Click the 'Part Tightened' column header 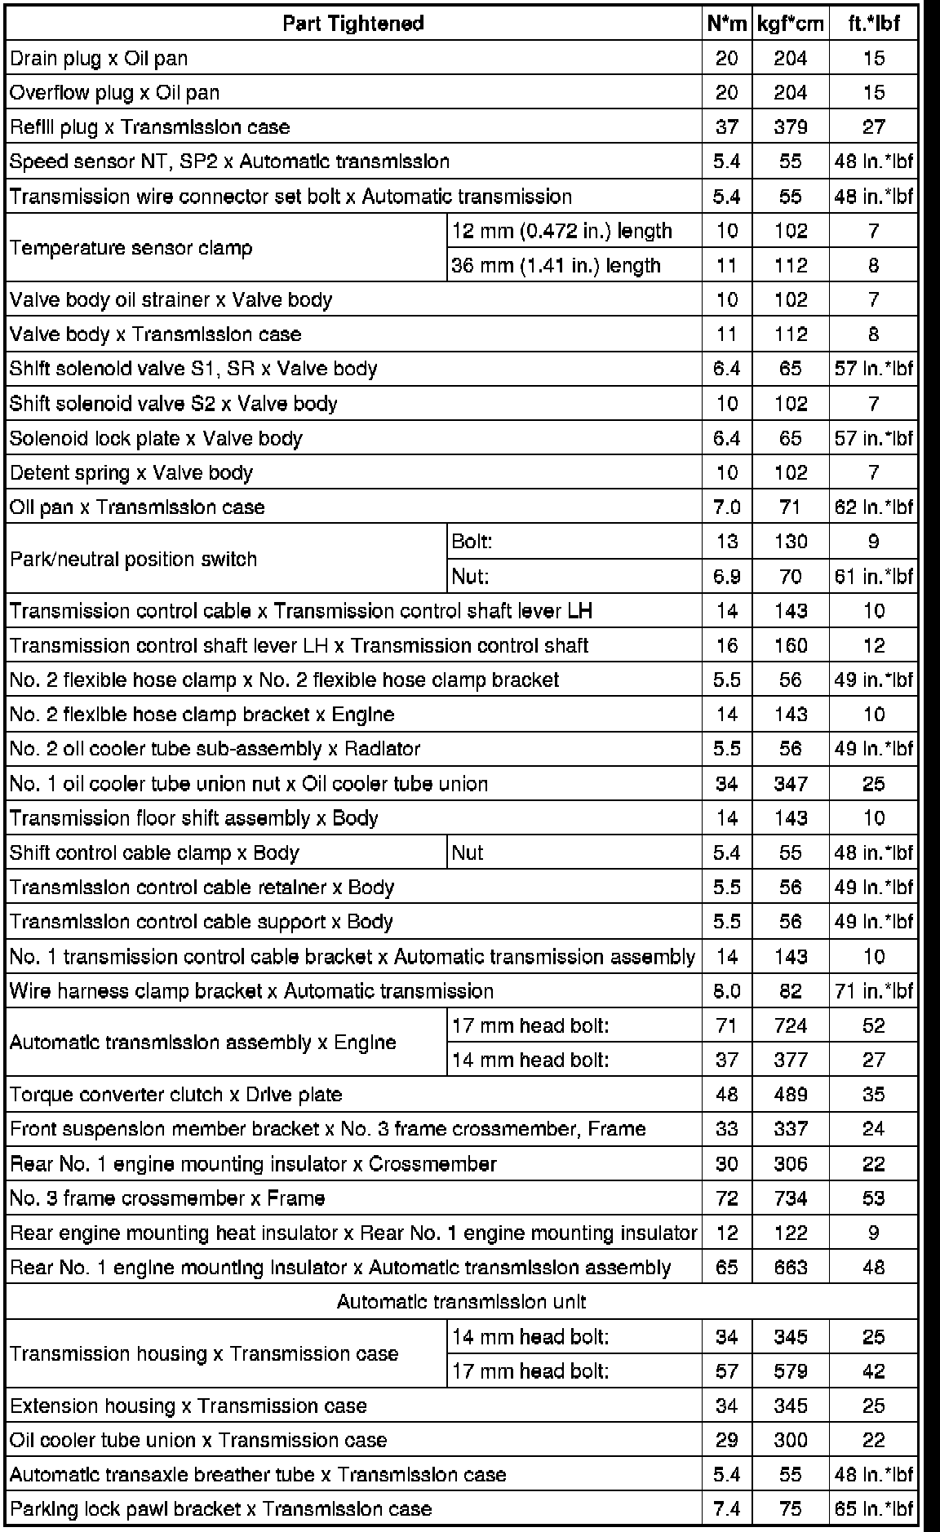(x=353, y=24)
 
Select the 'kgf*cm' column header (x=790, y=24)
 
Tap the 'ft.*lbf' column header (x=873, y=24)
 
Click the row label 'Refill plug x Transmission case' (x=150, y=127)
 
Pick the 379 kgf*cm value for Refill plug (x=790, y=127)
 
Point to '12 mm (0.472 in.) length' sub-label (x=561, y=231)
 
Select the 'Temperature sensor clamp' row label (x=131, y=248)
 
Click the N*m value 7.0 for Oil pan (x=726, y=507)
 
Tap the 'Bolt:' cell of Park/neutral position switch (x=472, y=542)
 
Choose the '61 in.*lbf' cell (x=873, y=577)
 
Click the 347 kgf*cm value (x=790, y=784)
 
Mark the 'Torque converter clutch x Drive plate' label (x=176, y=1095)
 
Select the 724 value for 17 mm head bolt (x=790, y=1025)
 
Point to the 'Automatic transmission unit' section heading (x=461, y=1302)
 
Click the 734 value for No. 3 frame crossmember (x=790, y=1198)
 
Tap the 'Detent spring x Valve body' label (x=131, y=473)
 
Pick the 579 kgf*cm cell (x=790, y=1371)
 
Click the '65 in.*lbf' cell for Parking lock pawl (x=873, y=1509)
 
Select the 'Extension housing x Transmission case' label (x=188, y=1406)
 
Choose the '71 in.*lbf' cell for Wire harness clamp (x=873, y=991)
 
